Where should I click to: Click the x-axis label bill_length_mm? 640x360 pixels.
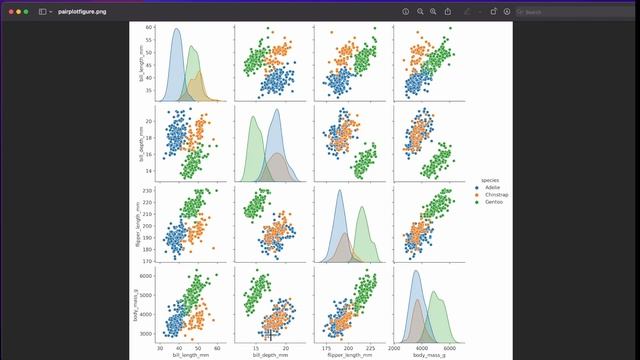[x=190, y=353]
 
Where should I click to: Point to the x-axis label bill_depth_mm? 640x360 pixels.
[x=270, y=353]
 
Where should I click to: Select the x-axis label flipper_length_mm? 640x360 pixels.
[x=350, y=353]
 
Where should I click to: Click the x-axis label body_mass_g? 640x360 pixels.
[x=431, y=353]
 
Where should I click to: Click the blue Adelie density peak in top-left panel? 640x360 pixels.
[x=176, y=29]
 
